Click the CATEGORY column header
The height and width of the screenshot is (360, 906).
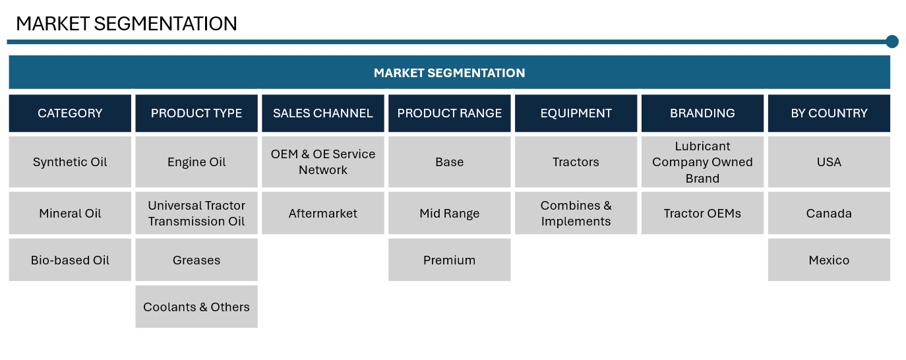tap(70, 113)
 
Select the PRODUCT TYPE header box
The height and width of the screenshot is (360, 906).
tap(196, 113)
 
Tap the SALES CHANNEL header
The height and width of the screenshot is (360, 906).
tap(322, 113)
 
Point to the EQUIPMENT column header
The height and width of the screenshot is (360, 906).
tap(576, 113)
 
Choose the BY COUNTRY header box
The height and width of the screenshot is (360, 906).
tap(829, 113)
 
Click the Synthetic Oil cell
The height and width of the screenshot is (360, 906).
tap(70, 162)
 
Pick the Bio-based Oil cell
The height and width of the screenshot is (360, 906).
tap(70, 260)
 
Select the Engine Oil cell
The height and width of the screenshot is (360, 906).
tap(196, 162)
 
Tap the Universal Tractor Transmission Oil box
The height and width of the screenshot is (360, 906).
tap(196, 213)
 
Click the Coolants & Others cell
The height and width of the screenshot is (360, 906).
tap(196, 307)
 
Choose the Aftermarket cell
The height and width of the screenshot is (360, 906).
tap(322, 213)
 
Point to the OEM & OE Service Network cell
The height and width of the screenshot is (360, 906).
tap(322, 162)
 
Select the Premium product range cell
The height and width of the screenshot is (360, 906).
tap(449, 260)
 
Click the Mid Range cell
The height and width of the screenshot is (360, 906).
tap(449, 213)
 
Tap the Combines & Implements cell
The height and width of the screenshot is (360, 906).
tap(576, 213)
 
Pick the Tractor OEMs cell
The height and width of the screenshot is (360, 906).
tap(702, 213)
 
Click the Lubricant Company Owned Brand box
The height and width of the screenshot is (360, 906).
tap(702, 162)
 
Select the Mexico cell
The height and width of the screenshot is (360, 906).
tap(829, 260)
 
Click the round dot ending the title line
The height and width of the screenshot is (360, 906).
tap(892, 42)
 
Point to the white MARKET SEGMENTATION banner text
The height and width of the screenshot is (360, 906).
tap(449, 73)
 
